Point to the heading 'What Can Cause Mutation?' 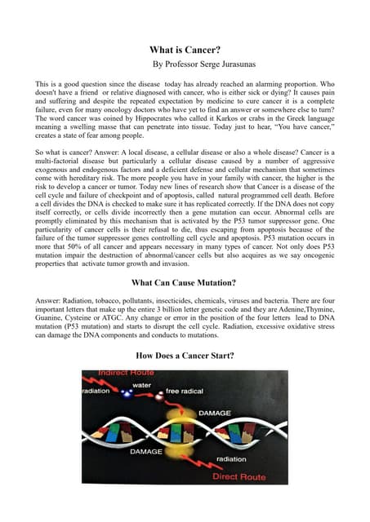pyautogui.click(x=184, y=283)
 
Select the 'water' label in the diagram pyautogui.click(x=141, y=384)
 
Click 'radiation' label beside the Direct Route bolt pyautogui.click(x=230, y=458)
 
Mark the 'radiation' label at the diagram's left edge pyautogui.click(x=95, y=391)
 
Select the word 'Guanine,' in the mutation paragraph pyautogui.click(x=51, y=321)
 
